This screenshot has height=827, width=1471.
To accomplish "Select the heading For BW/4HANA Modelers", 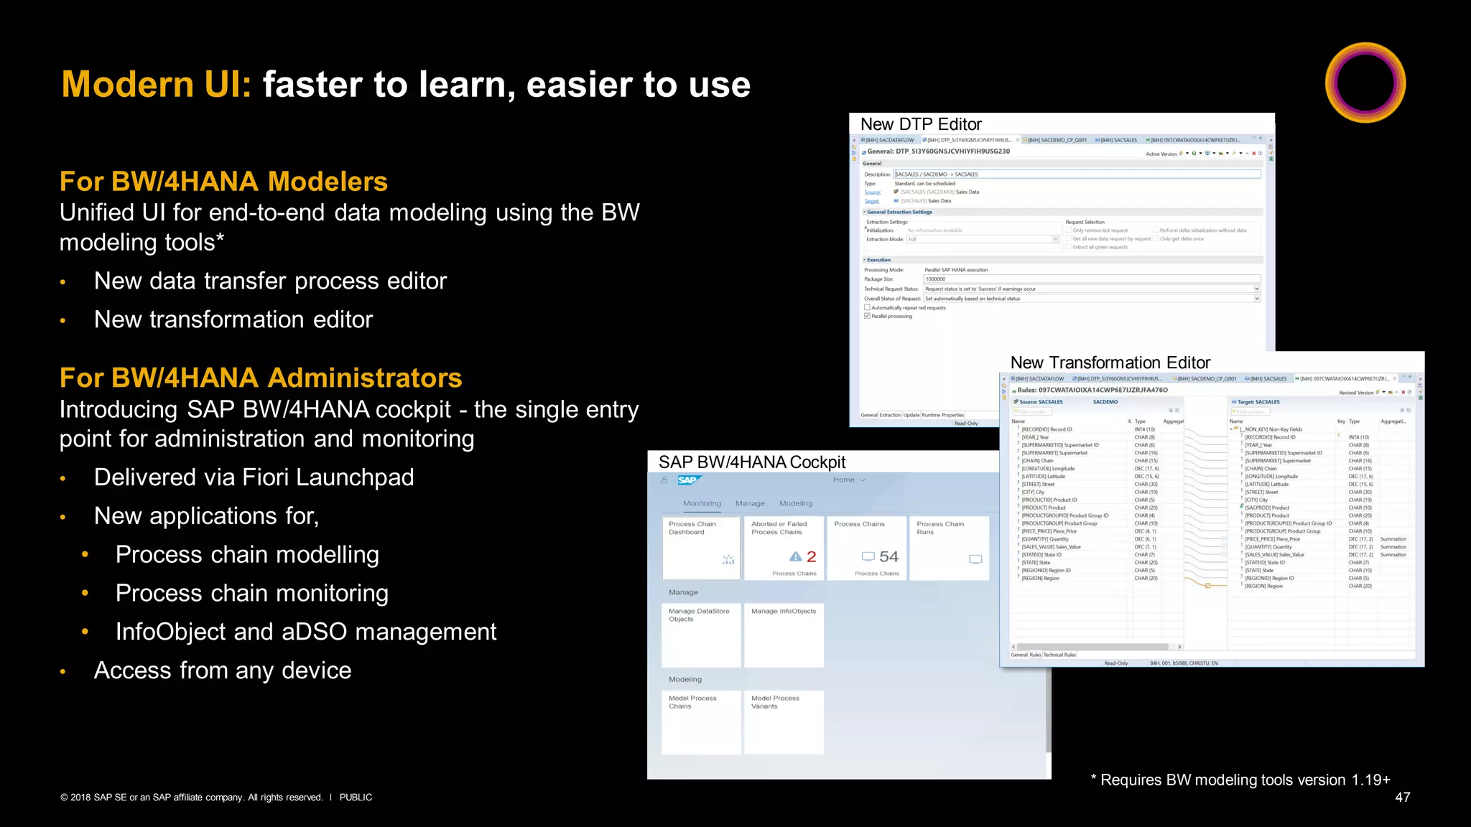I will tap(223, 182).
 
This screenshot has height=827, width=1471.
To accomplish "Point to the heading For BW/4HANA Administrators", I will tap(261, 378).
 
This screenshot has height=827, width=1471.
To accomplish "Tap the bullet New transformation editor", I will tap(233, 319).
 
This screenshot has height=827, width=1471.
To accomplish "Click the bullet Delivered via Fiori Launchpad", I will tap(254, 477).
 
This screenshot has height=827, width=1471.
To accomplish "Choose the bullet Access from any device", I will tap(223, 671).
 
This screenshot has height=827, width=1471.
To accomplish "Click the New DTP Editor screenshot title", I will tap(921, 124).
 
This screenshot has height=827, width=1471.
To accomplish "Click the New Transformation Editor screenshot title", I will tap(1110, 363).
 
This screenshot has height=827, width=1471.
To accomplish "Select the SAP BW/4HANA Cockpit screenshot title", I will tap(752, 462).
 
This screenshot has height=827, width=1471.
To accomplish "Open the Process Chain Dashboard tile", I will tap(701, 548).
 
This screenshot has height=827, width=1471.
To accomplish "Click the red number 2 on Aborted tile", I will tap(811, 557).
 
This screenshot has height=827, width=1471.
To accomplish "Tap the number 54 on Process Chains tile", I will tap(888, 557).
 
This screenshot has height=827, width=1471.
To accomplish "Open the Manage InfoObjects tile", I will tap(784, 635).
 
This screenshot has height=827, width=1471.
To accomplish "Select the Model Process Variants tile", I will tap(784, 721).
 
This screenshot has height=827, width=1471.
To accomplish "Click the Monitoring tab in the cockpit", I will tap(702, 503).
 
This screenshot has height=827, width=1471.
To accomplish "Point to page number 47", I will tap(1402, 798).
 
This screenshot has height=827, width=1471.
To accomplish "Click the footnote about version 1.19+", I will tap(1240, 780).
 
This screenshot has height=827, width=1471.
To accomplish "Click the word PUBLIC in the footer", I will tap(356, 798).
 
